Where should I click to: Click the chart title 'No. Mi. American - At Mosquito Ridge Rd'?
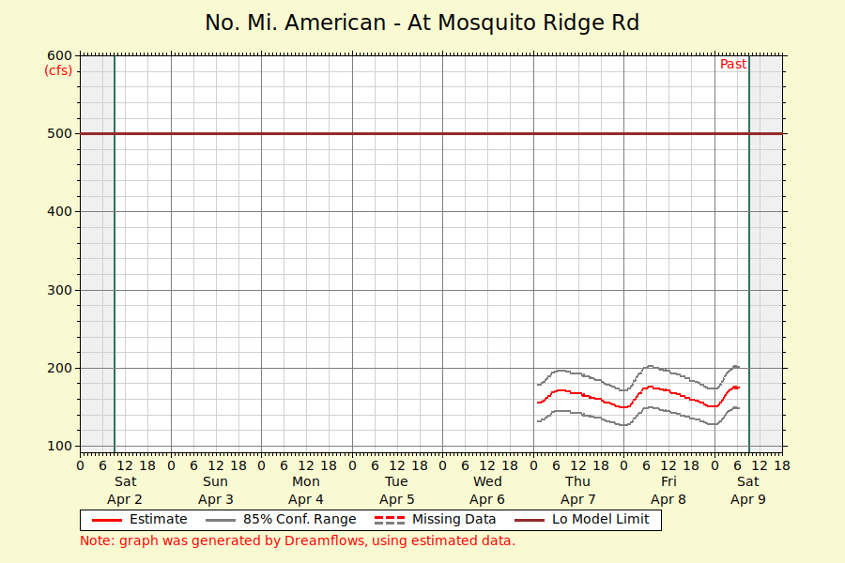(x=422, y=23)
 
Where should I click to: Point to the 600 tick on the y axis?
(x=59, y=54)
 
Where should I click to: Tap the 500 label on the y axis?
(x=59, y=133)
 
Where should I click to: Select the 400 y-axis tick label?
(x=59, y=211)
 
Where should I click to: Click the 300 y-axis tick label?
(x=59, y=290)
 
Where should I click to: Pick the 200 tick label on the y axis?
(x=59, y=368)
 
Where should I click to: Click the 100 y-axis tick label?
(x=59, y=446)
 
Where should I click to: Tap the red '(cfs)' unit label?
(x=58, y=70)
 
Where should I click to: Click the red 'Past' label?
(x=733, y=65)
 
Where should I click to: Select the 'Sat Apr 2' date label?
(x=125, y=491)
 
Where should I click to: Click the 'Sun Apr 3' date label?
(x=216, y=491)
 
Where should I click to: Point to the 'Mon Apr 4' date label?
(x=306, y=491)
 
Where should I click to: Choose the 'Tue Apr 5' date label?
(x=397, y=491)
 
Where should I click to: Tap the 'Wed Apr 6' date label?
(x=487, y=491)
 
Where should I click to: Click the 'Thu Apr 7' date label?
(x=578, y=491)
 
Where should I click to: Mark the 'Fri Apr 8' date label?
(x=668, y=491)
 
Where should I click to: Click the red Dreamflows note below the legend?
(x=298, y=540)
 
